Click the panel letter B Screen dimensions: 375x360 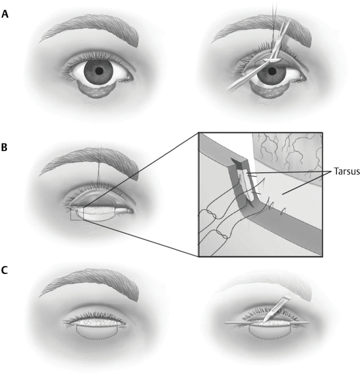(x=5, y=147)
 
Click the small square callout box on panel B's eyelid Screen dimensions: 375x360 (x=77, y=213)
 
